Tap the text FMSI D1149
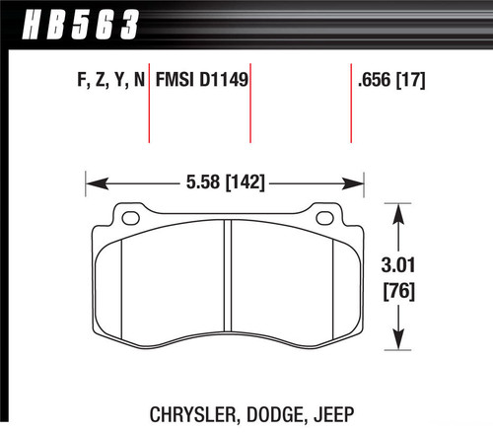tap(197, 82)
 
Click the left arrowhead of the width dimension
tap(95, 181)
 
